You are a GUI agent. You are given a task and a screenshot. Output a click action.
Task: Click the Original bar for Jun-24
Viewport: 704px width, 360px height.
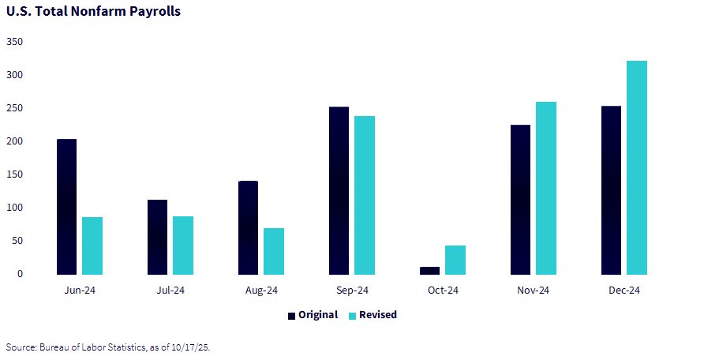coord(67,207)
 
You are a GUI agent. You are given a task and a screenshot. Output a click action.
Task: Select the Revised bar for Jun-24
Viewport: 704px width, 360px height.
coord(92,246)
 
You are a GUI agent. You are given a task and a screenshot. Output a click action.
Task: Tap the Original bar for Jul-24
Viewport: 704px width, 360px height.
coord(158,237)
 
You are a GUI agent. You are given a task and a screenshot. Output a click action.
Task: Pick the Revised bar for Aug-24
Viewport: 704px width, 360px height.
coord(274,251)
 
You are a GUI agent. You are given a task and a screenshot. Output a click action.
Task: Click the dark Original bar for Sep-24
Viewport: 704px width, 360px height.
coord(339,190)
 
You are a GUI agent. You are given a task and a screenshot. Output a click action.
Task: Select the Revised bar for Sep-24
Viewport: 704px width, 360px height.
coord(365,195)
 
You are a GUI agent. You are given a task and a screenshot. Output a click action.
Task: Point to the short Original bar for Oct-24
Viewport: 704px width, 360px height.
coord(429,270)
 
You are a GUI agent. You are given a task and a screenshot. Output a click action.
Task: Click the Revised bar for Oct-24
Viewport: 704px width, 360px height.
coord(455,260)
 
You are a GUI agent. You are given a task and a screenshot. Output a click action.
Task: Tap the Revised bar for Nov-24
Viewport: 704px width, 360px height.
coord(546,188)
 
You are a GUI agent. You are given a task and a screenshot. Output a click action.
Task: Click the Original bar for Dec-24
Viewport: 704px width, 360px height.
coord(611,190)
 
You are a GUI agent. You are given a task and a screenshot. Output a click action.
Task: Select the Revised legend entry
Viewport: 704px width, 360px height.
coord(373,315)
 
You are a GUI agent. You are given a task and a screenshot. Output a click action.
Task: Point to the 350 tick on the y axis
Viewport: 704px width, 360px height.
coord(15,41)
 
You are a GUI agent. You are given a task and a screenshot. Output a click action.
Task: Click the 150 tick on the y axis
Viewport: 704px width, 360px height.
coord(15,174)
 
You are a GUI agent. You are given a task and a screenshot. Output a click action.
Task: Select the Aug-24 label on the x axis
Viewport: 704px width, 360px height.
coord(261,291)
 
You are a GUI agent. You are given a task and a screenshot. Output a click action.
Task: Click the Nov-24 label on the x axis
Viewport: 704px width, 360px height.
coord(534,291)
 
